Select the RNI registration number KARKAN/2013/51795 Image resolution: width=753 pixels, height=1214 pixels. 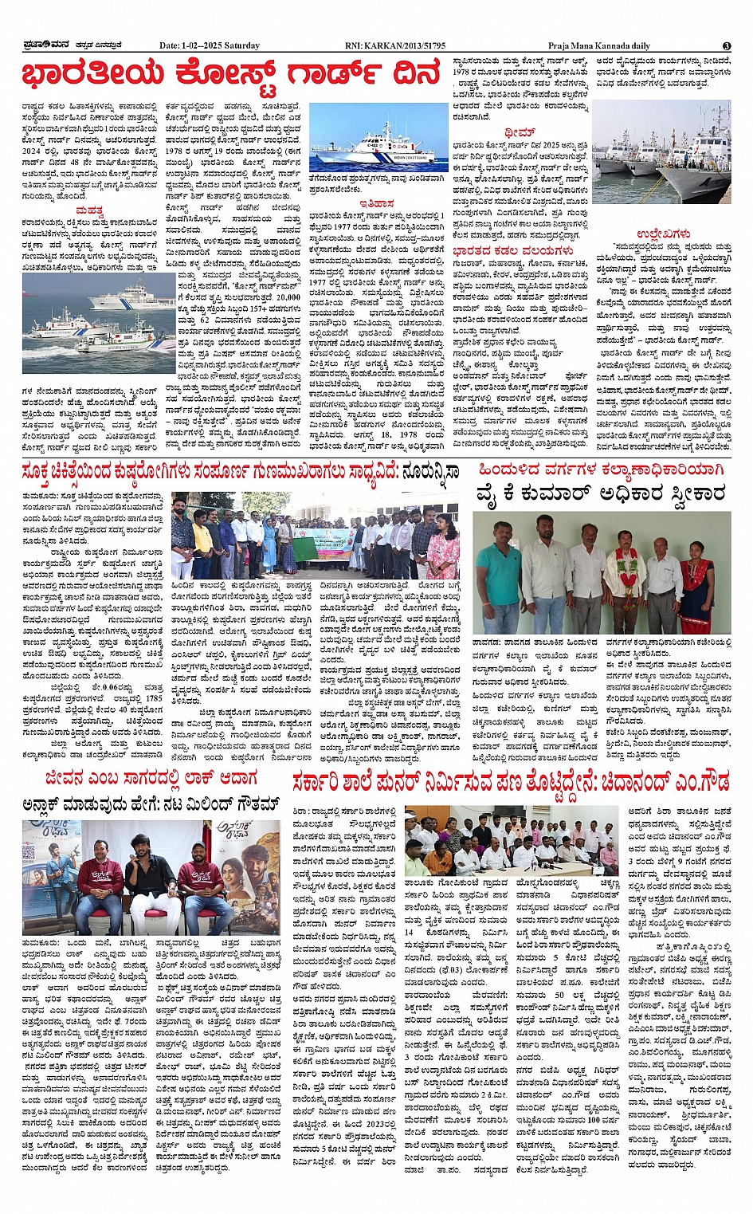[x=406, y=45]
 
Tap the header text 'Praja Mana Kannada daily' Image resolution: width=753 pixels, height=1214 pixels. [x=598, y=45]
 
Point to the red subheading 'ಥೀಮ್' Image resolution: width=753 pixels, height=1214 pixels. [x=519, y=132]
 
